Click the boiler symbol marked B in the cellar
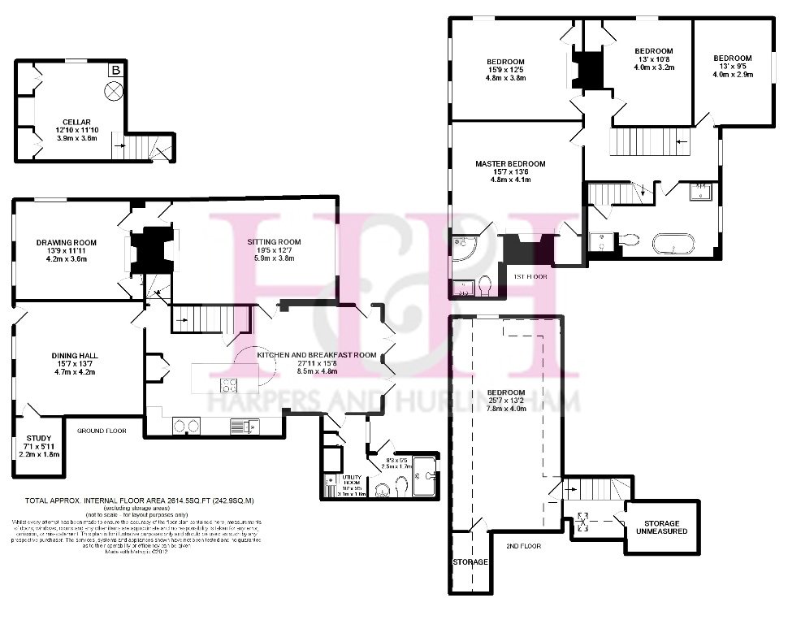tap(116, 71)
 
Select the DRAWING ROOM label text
tap(67, 242)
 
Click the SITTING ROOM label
tap(275, 241)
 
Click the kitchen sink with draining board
tap(244, 424)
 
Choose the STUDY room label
tap(38, 438)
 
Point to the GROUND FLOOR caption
tap(102, 431)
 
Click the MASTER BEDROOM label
tap(510, 163)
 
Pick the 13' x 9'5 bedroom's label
tap(732, 58)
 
